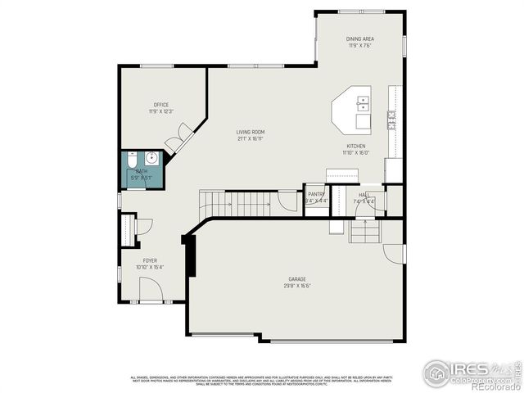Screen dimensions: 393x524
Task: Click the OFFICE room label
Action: coord(160,105)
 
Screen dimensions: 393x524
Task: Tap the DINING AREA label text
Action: coord(360,38)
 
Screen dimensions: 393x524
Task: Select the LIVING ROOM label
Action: coord(251,132)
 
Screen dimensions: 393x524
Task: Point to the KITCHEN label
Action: coord(355,145)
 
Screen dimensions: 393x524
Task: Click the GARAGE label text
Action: coord(297,279)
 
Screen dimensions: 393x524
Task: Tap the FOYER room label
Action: coord(150,260)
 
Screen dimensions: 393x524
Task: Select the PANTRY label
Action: coord(316,194)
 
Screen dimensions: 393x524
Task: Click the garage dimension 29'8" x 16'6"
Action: coord(297,286)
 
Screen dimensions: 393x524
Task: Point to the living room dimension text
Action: coord(251,138)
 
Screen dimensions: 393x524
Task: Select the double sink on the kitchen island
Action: coord(363,102)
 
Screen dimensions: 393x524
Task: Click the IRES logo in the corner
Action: coord(471,371)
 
